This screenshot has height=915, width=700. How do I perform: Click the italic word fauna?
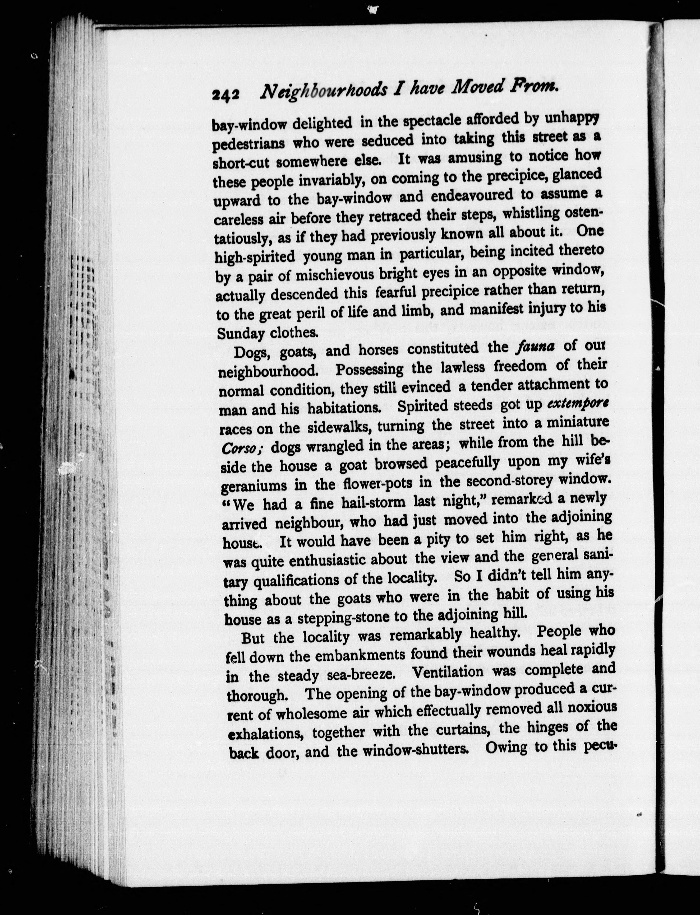[x=535, y=346]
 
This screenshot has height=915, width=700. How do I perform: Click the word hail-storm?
[x=373, y=502]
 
